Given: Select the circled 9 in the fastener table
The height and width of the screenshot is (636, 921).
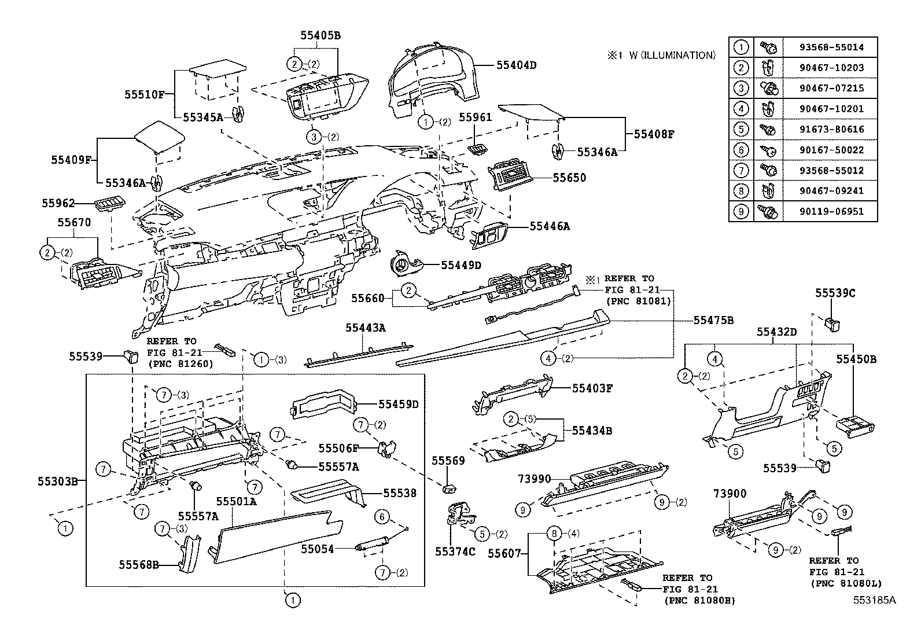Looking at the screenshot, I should click(x=741, y=211).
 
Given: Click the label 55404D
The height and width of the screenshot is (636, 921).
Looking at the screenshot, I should click(x=516, y=65).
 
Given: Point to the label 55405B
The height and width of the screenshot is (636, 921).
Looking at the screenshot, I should click(x=320, y=35).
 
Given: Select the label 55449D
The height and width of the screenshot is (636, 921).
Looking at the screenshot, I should click(x=461, y=265).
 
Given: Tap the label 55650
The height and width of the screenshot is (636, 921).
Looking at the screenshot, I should click(x=569, y=178).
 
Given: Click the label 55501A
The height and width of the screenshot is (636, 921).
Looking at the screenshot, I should click(x=236, y=501).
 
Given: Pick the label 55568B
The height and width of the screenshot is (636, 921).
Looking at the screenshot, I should click(x=139, y=565).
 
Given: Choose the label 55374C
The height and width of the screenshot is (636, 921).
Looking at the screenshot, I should click(x=455, y=552).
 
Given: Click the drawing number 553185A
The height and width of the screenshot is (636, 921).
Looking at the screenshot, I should click(x=874, y=600).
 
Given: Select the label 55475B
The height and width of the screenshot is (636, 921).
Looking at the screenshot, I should click(x=713, y=320).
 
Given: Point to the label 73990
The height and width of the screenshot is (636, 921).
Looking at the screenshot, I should click(x=535, y=479).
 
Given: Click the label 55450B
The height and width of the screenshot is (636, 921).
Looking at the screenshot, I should click(x=856, y=359).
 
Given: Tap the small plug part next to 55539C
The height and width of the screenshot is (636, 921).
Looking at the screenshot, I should click(x=834, y=323).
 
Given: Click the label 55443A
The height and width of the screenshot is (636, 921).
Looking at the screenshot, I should click(x=365, y=328).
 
